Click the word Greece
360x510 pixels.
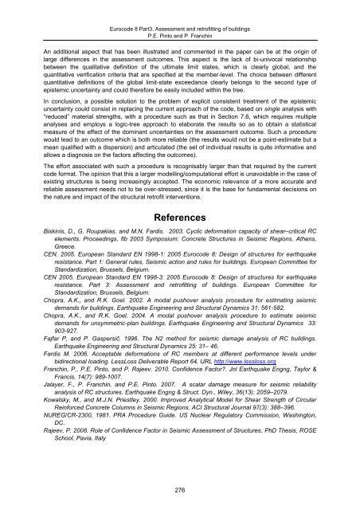point(56,229)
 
